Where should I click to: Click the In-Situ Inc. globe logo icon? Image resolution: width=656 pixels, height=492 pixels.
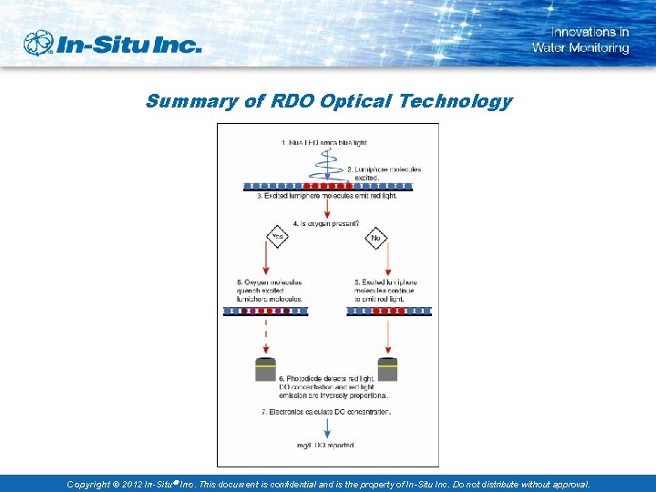[39, 43]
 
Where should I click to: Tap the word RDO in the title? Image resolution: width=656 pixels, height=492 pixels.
[292, 101]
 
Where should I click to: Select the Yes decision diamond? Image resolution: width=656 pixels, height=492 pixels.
[278, 239]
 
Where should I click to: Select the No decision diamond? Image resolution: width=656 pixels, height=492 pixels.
[376, 239]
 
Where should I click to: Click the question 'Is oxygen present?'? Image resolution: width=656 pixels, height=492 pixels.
[326, 223]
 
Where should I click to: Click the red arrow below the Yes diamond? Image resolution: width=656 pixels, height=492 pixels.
[266, 263]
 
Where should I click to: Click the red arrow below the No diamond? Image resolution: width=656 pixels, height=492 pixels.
[389, 263]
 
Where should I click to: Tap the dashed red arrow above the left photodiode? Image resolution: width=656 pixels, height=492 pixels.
[266, 337]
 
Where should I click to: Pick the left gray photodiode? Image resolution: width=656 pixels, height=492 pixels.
[266, 369]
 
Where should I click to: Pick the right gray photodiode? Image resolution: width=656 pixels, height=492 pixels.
[388, 369]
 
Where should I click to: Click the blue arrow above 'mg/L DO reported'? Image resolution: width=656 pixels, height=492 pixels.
[327, 428]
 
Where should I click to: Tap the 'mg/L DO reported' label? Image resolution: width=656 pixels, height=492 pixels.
[327, 445]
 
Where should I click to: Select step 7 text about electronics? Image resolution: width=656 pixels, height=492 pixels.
[327, 412]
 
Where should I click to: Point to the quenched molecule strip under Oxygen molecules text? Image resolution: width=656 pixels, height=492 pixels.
[266, 311]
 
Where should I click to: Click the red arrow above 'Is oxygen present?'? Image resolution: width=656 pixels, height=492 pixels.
[327, 207]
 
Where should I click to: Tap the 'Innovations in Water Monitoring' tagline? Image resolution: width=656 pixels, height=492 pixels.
[580, 40]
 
